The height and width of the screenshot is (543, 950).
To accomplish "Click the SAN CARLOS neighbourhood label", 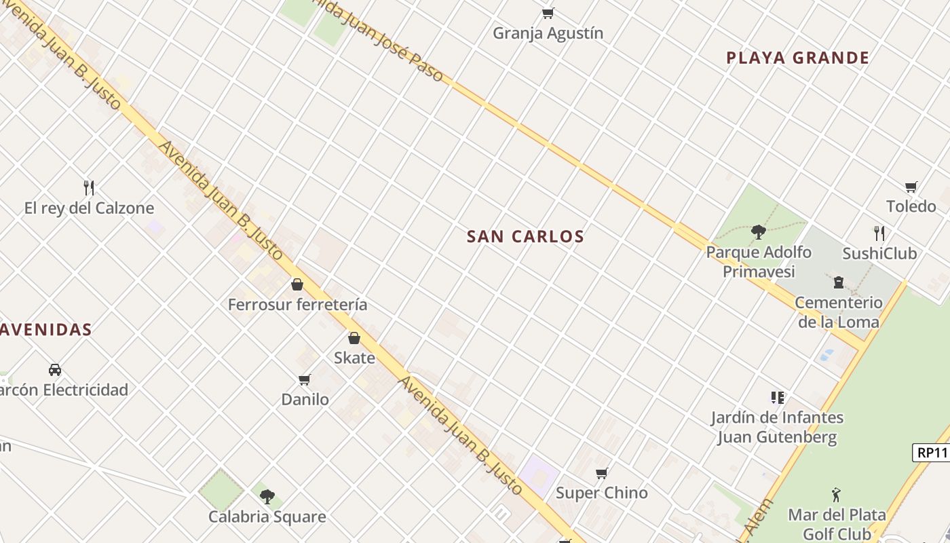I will (x=525, y=236).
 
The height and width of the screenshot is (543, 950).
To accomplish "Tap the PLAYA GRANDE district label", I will (x=797, y=58).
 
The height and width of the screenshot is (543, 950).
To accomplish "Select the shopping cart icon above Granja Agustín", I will (x=548, y=13).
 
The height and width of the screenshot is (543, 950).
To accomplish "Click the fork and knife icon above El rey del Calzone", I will (x=89, y=187).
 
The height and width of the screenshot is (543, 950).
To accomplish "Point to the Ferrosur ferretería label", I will (x=297, y=305).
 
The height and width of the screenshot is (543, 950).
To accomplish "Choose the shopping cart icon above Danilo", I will (x=305, y=379).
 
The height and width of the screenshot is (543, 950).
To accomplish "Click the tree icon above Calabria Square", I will (x=267, y=496).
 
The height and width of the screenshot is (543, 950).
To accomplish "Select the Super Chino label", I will (x=602, y=493).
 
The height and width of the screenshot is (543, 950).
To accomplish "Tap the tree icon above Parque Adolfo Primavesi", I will (x=758, y=232).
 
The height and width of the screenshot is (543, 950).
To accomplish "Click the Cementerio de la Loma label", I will (x=839, y=312).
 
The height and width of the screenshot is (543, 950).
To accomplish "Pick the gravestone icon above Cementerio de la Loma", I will (x=839, y=282).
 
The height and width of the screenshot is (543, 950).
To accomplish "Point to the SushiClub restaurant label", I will (x=879, y=254).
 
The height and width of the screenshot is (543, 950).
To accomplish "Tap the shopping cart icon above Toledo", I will (x=911, y=187).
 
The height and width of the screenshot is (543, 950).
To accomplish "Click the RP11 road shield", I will (x=930, y=453).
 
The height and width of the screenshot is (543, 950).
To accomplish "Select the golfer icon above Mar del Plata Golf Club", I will (x=837, y=495).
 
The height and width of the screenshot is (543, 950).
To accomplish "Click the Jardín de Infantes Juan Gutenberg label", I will (x=778, y=427).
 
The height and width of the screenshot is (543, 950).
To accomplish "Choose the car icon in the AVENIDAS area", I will (x=55, y=370).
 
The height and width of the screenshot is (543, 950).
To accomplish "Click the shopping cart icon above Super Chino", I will (x=601, y=473).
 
